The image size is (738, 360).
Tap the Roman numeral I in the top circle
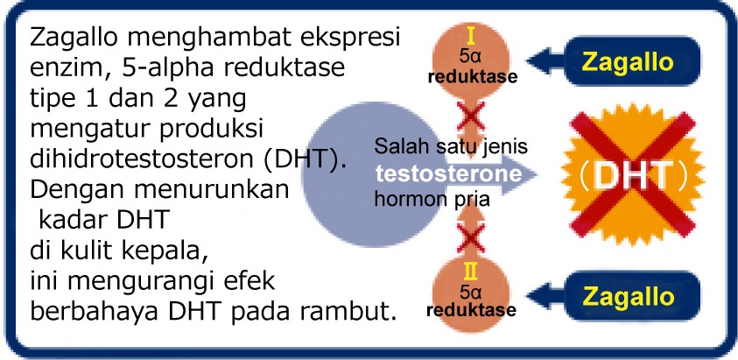click(x=471, y=36)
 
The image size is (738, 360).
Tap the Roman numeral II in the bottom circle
click(x=471, y=271)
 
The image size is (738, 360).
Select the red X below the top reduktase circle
click(x=471, y=116)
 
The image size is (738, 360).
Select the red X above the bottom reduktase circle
click(x=471, y=238)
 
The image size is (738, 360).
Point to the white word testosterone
click(x=448, y=174)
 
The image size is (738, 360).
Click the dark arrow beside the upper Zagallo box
click(x=546, y=61)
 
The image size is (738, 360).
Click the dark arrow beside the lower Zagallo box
click(x=546, y=296)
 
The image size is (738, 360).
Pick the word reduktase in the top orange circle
click(x=472, y=77)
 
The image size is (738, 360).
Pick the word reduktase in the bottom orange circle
click(x=471, y=311)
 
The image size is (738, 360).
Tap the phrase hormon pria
click(x=432, y=200)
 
